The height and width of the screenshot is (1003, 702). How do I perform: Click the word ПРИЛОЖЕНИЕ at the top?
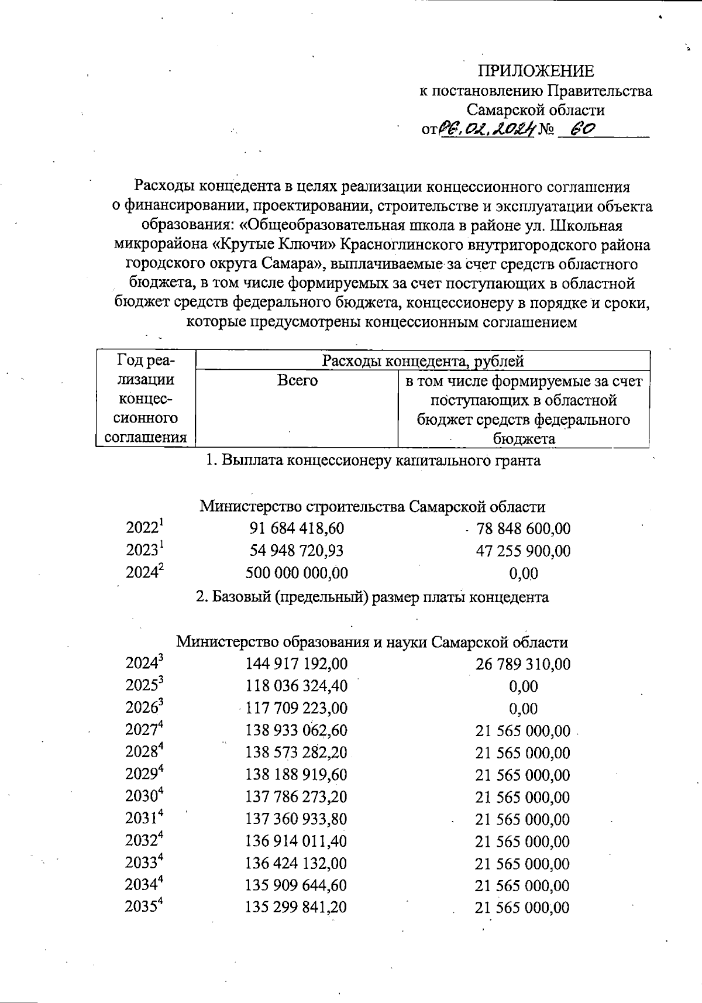pos(536,71)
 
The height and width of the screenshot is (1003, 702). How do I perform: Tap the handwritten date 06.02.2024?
pos(487,128)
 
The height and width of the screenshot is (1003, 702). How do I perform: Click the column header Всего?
pos(297,381)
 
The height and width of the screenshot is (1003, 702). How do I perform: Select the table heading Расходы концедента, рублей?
pos(422,361)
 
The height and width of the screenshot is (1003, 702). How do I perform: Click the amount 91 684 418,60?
pos(297,528)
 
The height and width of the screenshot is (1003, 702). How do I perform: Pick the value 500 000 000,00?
pos(297,573)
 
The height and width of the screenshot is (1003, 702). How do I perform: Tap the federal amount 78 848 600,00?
pos(523,529)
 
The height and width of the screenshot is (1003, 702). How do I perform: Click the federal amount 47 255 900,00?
pos(523,551)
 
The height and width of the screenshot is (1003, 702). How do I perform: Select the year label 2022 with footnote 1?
pos(144,528)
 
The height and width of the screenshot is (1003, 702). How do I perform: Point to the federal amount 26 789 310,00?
pos(523,664)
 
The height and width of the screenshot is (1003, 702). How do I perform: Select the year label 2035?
pos(143,907)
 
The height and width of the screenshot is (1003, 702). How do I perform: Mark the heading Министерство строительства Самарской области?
pos(372,506)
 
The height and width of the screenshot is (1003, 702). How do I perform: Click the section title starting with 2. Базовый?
pos(372,597)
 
